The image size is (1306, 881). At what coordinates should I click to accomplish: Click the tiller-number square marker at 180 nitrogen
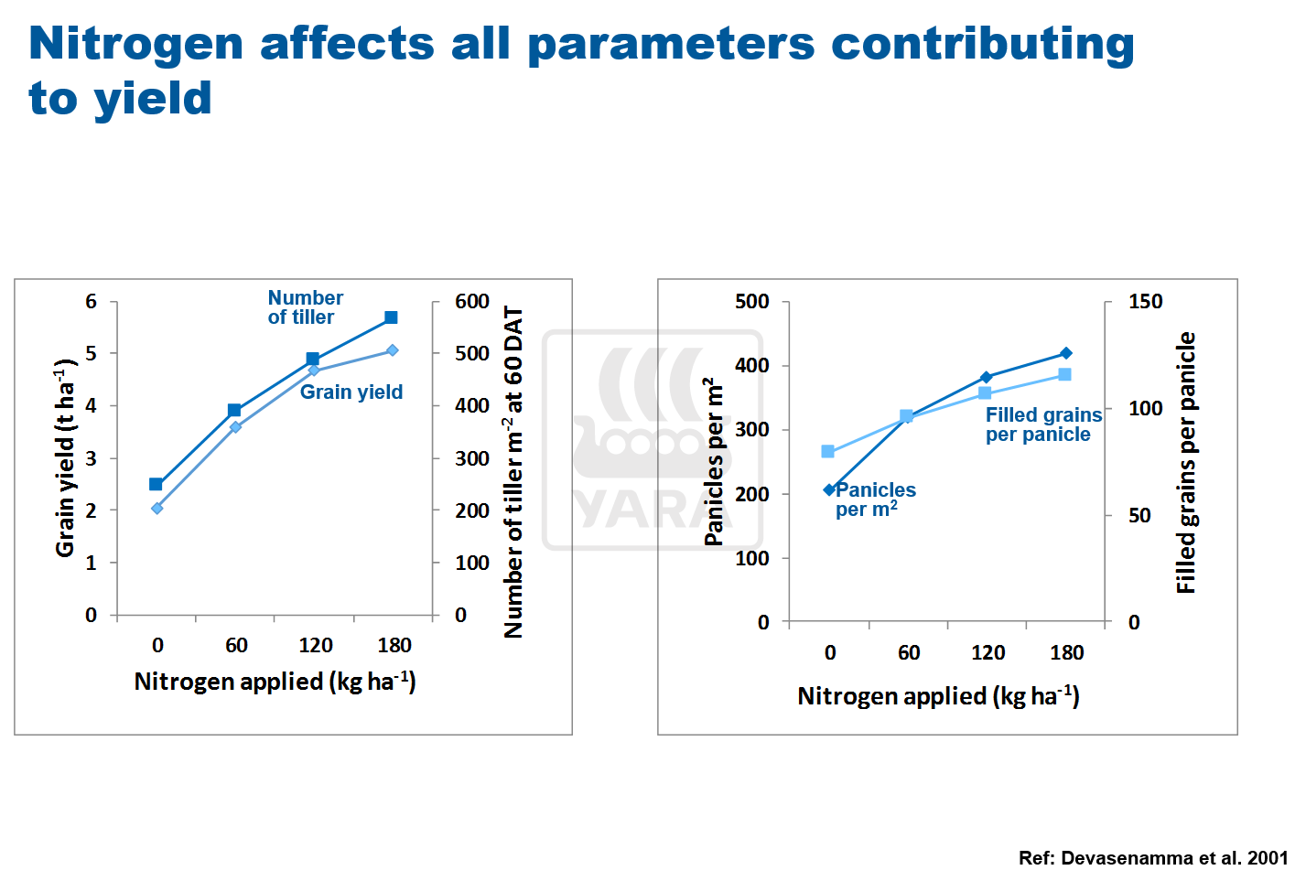[391, 317]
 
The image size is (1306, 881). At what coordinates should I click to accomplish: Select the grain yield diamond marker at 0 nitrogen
[157, 508]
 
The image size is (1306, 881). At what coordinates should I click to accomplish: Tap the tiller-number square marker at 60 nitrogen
[234, 411]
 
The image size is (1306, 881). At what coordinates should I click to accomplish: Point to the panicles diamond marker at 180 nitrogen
[1066, 353]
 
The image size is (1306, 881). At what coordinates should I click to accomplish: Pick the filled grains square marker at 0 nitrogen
[828, 451]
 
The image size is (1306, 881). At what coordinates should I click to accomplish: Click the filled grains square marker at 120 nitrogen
[985, 393]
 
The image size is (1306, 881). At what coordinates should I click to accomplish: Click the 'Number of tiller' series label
[305, 307]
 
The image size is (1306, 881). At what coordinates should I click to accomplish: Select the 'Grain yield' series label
[351, 392]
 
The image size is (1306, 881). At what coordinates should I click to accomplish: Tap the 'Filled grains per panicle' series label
[1043, 424]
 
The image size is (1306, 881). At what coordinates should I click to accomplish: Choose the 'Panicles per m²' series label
[874, 500]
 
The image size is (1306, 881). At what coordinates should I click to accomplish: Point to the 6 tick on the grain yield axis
[91, 301]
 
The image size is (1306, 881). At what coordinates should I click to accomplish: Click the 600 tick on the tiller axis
[472, 301]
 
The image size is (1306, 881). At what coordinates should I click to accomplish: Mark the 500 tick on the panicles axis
[751, 301]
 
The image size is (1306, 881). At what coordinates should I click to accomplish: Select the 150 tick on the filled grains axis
[1145, 301]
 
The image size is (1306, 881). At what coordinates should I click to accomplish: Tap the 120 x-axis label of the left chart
[316, 645]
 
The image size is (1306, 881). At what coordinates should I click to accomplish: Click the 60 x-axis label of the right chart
[909, 652]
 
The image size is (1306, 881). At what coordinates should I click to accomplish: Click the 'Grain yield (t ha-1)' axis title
[65, 457]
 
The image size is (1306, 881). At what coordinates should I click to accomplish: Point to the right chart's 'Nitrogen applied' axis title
[938, 696]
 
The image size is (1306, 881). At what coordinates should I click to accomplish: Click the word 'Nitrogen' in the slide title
[136, 43]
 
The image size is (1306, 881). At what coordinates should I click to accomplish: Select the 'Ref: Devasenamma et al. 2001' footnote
[1153, 858]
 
